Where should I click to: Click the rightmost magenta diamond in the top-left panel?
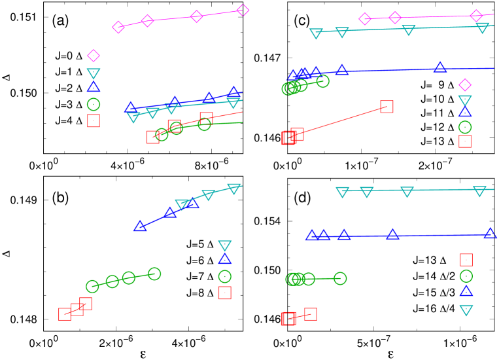pos(243,10)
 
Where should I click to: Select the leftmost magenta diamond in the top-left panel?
pos(118,27)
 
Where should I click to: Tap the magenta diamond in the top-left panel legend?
pos(94,56)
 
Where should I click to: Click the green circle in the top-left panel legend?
pos(94,104)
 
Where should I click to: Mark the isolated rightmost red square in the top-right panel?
pos(387,107)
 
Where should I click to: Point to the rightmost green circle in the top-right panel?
pos(322,81)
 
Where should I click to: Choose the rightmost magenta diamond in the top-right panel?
pos(476,16)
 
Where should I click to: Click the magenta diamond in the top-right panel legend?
pos(464,85)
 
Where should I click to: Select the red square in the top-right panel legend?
pos(464,141)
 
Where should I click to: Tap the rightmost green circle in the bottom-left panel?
pos(154,274)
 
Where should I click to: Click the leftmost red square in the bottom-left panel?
pos(65,314)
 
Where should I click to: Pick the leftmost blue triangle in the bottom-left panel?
pos(140,226)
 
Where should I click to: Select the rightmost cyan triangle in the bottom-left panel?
pos(233,189)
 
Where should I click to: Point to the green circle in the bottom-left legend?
pos(224,276)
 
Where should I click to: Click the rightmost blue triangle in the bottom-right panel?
pos(490,234)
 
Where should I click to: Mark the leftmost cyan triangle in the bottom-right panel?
pos(342,192)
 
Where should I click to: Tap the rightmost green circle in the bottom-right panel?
pos(340,278)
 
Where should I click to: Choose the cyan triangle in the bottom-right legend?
pos(466,310)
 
